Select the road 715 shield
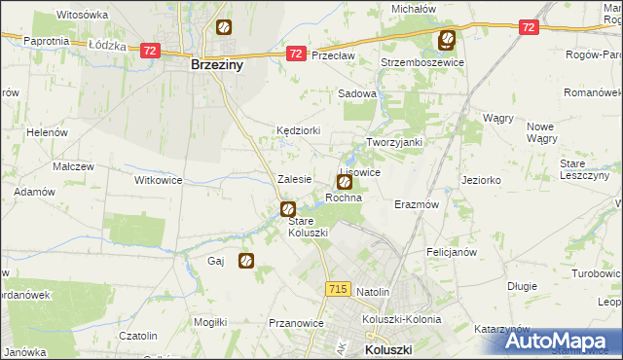pos(338,289)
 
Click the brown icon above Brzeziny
pos(224,29)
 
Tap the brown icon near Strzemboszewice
pos(446,40)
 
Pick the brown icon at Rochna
pos(344,182)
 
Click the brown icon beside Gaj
pos(246,261)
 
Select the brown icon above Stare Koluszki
pos(288,208)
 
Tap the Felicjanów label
pos(451,251)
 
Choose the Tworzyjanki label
pos(393,142)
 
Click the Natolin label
pos(373,291)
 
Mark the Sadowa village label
pos(356,93)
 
